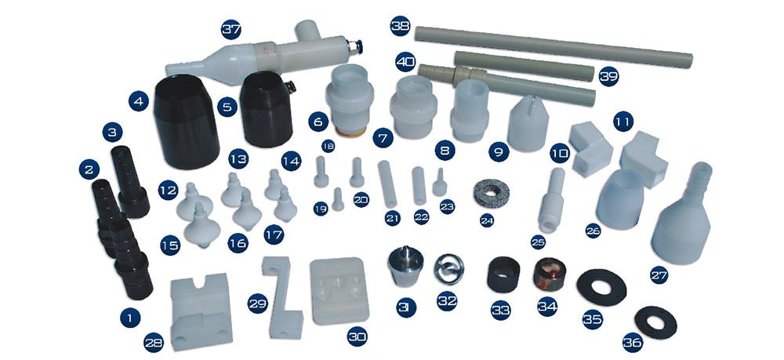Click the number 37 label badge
[x=231, y=30]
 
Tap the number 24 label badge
[x=487, y=220]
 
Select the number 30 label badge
[x=357, y=336]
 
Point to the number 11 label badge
[x=623, y=122]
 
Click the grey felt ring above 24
[x=492, y=192]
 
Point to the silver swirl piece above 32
[x=448, y=268]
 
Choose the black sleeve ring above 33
[x=503, y=274]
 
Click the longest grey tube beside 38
[x=554, y=46]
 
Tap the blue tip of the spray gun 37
[x=358, y=48]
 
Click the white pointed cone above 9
[x=528, y=123]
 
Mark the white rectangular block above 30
[x=339, y=290]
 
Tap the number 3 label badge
[x=112, y=133]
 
